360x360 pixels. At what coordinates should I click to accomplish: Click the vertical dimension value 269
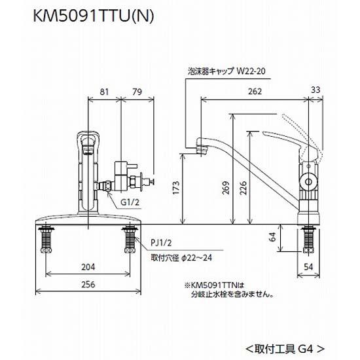tap(227, 188)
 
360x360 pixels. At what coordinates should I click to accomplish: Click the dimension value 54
tap(315, 266)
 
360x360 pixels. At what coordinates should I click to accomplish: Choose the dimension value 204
tap(89, 266)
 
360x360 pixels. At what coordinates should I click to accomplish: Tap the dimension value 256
tap(89, 285)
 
